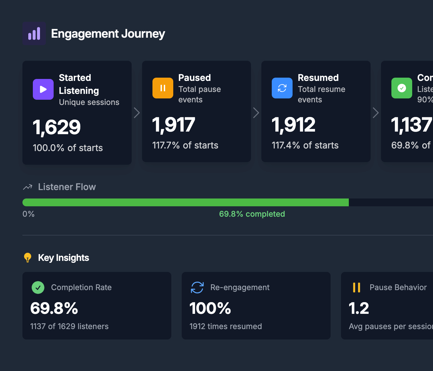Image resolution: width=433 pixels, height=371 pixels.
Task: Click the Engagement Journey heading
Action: coord(108,34)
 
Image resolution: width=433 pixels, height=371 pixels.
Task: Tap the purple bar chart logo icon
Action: coord(34,34)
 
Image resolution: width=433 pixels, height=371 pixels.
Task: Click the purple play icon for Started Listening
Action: coord(43,89)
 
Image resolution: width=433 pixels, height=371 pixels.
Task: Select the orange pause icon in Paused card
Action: coord(163,88)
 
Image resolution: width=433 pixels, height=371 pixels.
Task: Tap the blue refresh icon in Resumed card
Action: coord(282,88)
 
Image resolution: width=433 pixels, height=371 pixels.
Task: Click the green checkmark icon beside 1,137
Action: coord(402,88)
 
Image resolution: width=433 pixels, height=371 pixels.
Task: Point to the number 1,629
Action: coord(57,127)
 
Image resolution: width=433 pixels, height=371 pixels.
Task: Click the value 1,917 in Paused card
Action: coord(174,125)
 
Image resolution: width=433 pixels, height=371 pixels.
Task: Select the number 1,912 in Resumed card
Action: coord(294,125)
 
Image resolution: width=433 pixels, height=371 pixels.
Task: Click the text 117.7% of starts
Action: coord(185,145)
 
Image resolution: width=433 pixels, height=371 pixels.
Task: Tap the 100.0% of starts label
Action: coord(68,148)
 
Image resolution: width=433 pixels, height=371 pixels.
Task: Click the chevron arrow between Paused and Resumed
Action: coord(256,113)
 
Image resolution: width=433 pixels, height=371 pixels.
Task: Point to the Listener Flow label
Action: coord(67,187)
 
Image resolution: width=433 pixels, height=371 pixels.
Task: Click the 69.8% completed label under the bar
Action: coord(252,214)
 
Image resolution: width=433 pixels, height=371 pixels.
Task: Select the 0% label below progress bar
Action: coord(29,214)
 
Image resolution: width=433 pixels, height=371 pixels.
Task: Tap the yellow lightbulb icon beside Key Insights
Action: coord(28,258)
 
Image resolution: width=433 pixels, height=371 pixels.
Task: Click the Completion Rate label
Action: coord(81,288)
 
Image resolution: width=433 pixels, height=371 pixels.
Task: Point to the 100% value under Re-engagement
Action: coord(210,308)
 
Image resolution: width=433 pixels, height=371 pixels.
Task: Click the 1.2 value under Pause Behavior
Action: coord(359,308)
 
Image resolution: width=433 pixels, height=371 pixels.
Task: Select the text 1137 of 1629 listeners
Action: coord(69,326)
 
